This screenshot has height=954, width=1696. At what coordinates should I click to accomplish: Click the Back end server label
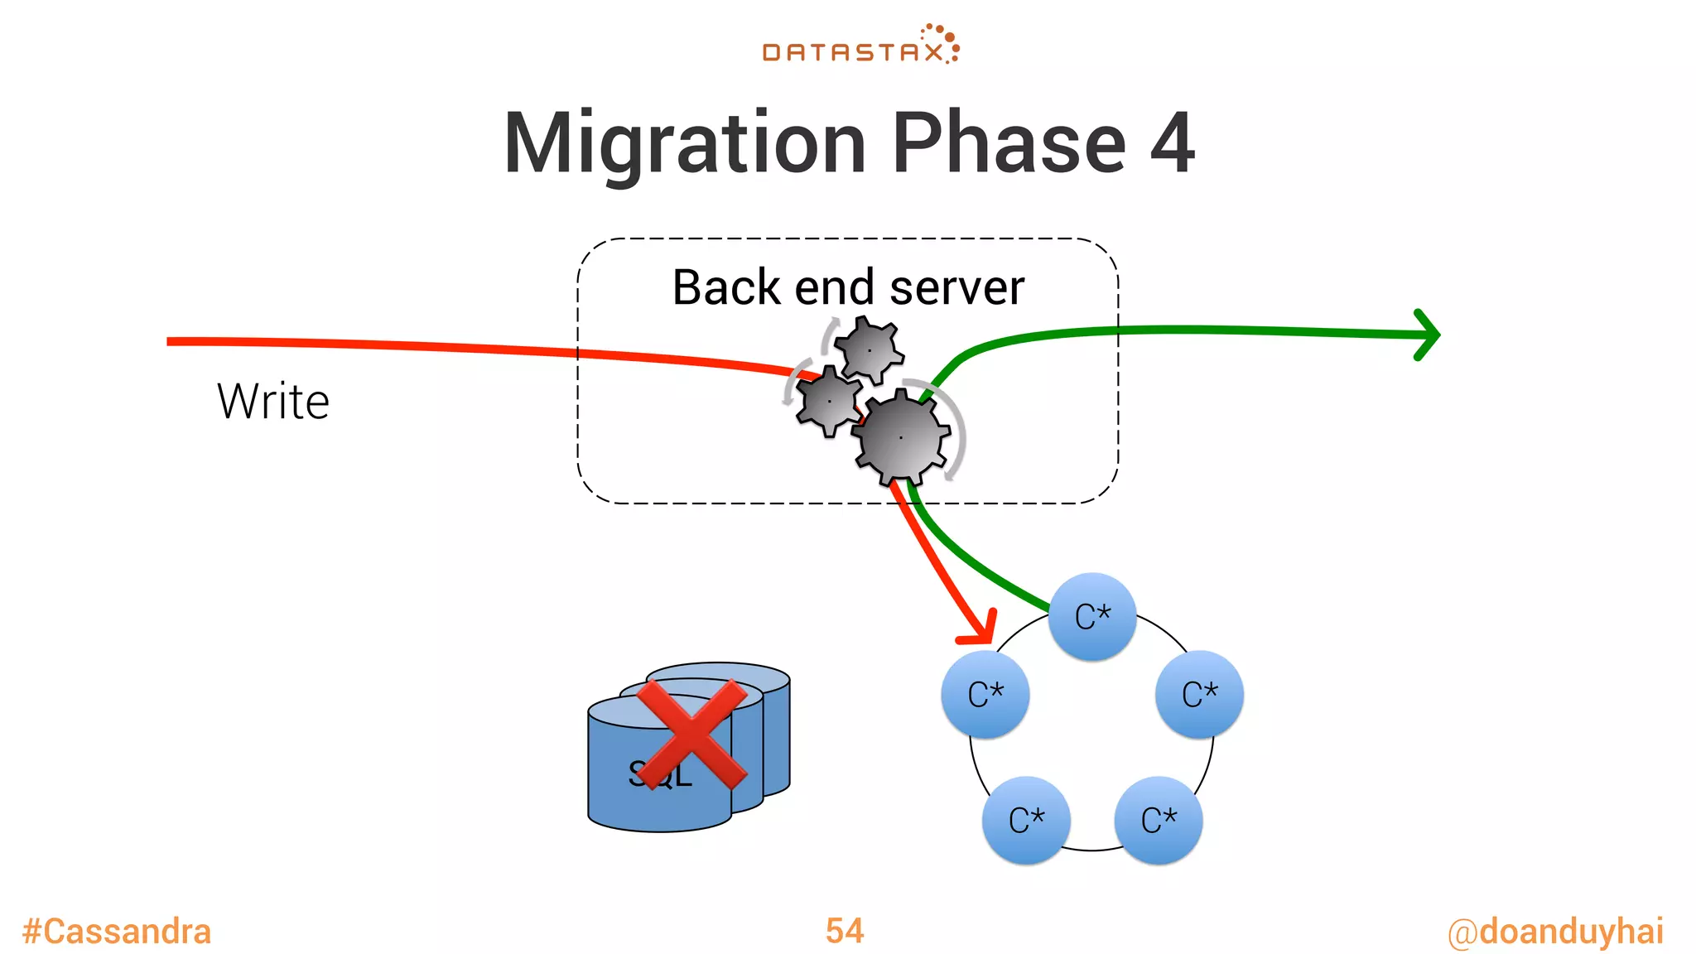coord(848,287)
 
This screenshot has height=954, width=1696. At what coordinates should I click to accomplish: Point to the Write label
coord(273,402)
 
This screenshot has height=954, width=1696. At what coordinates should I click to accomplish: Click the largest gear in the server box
coord(901,437)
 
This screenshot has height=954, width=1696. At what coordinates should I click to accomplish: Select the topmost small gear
coord(869,350)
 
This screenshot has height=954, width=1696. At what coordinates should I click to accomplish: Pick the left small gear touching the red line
coord(828,401)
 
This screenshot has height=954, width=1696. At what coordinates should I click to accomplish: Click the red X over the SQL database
coord(691,734)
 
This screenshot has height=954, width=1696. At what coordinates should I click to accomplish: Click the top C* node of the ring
coord(1092,617)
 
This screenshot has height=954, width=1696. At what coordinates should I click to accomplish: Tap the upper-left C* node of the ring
coord(985,694)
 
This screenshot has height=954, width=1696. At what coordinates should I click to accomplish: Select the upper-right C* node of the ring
coord(1199,694)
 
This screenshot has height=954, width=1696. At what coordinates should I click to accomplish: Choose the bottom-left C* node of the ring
coord(1026,820)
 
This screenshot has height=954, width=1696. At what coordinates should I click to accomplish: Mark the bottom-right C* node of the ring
coord(1159,820)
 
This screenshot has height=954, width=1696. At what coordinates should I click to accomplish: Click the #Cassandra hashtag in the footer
coord(117,932)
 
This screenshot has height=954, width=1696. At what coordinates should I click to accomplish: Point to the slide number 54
coord(845,931)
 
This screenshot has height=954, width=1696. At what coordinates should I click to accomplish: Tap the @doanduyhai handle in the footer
coord(1555,932)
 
